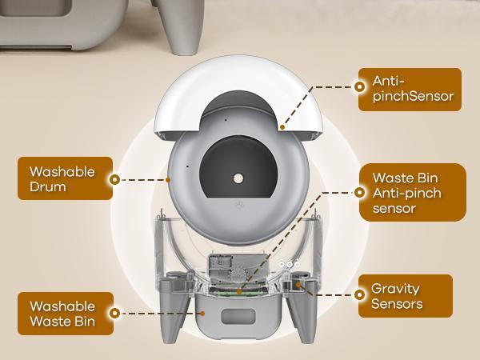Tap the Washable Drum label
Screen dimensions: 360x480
coord(63,180)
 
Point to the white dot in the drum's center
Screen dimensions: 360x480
coord(238,176)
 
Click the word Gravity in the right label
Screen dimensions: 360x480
coord(395,288)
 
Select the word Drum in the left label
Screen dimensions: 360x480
coord(50,189)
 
